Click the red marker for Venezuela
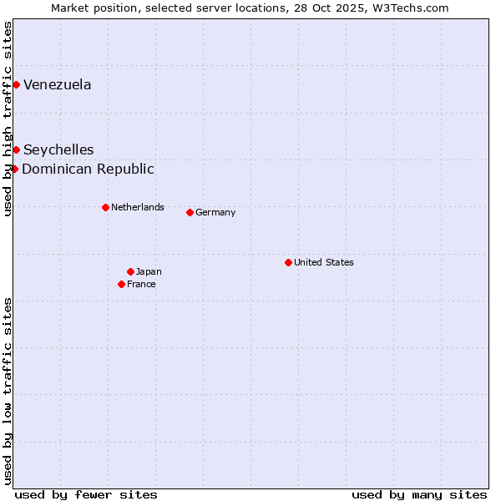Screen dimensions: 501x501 16,84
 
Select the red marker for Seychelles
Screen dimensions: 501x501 16,149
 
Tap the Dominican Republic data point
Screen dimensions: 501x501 14,169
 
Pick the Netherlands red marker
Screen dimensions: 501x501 105,207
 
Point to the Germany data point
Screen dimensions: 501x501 190,212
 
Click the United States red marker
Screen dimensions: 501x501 288,262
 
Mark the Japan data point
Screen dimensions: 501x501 130,271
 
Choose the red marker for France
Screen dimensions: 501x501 122,284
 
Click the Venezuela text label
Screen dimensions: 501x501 58,84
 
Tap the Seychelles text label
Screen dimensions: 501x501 58,149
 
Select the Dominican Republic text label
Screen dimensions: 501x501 88,169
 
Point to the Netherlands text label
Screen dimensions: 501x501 138,207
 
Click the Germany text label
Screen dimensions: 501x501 215,212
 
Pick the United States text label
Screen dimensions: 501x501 324,262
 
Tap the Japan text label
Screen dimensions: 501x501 149,271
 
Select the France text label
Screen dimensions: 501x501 141,284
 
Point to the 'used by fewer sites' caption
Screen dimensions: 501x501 86,494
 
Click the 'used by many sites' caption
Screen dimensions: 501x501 419,494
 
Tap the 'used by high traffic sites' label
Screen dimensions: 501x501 8,119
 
